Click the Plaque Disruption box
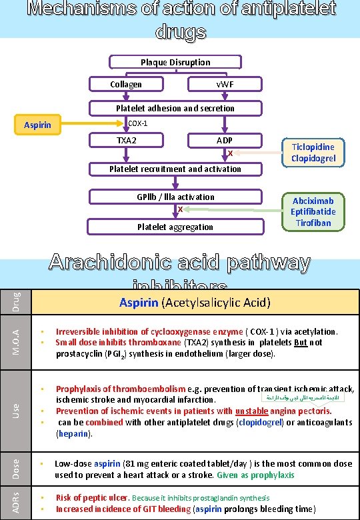click(175, 63)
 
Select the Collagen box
click(126, 85)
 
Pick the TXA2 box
click(127, 141)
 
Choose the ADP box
click(225, 141)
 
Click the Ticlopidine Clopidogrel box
click(313, 153)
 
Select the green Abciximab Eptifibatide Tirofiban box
click(313, 211)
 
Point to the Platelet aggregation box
click(175, 227)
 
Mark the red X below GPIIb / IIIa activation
click(180, 210)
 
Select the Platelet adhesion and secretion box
click(175, 108)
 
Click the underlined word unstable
click(252, 411)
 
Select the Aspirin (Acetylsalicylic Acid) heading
click(195, 303)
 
